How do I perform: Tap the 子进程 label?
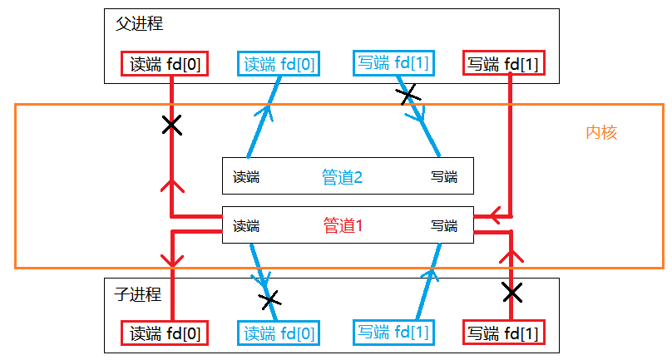137,294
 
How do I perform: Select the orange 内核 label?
601,132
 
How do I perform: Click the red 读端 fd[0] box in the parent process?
166,64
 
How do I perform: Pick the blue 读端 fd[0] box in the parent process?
279,64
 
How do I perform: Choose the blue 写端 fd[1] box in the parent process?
393,62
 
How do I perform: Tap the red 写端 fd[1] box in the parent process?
503,64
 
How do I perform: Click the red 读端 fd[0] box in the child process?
166,334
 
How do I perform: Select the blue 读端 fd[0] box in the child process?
279,334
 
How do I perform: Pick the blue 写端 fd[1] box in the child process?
393,333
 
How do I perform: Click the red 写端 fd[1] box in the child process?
503,334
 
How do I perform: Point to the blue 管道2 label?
343,177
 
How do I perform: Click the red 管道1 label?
343,225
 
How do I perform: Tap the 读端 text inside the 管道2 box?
246,177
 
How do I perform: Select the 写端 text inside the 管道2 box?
444,177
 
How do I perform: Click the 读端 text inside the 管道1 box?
246,225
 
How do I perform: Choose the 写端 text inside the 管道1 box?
444,225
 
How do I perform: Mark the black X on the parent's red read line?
171,126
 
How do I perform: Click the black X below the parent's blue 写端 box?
408,96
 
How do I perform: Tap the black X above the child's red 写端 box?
512,292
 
